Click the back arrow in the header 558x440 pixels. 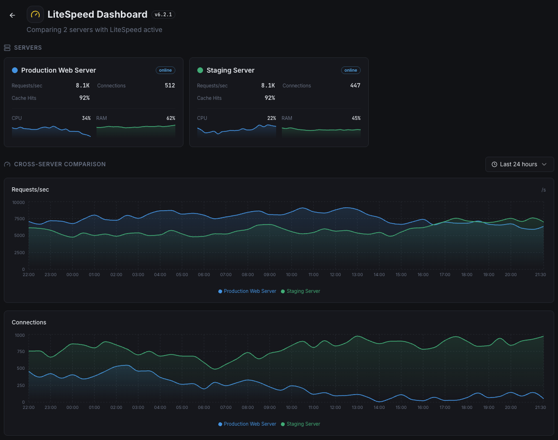12,15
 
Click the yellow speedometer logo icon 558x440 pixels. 35,14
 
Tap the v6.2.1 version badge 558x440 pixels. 163,15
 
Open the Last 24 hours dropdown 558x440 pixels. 519,164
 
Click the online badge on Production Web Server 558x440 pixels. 165,70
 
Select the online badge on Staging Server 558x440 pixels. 351,70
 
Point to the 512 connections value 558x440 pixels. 170,86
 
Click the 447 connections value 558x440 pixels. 355,86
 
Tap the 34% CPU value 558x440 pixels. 86,118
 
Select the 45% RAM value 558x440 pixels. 356,118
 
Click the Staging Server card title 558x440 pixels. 230,70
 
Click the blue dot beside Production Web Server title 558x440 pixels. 15,70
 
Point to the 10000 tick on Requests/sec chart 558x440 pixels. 18,202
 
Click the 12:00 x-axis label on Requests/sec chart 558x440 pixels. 335,275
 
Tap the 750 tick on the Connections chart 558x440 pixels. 20,352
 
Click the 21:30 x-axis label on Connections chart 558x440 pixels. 540,408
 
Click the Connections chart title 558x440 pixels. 29,322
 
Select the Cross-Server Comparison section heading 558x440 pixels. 60,164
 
